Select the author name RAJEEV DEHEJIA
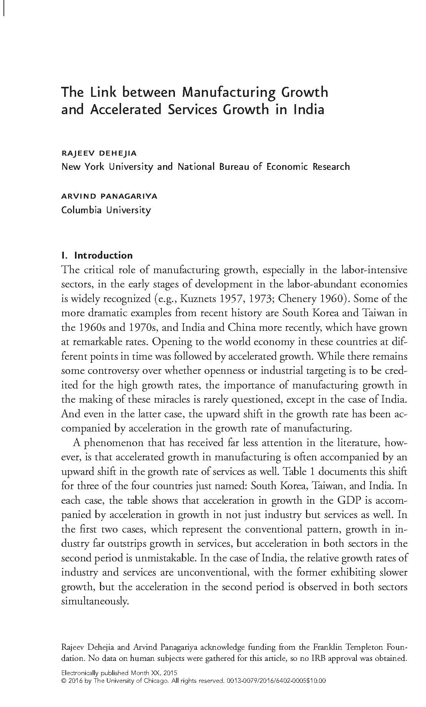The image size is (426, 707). click(99, 153)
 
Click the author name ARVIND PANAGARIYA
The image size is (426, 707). click(109, 196)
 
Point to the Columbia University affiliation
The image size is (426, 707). click(106, 210)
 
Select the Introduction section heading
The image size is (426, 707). click(103, 256)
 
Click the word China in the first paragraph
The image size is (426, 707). click(242, 327)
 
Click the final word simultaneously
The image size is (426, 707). click(94, 601)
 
